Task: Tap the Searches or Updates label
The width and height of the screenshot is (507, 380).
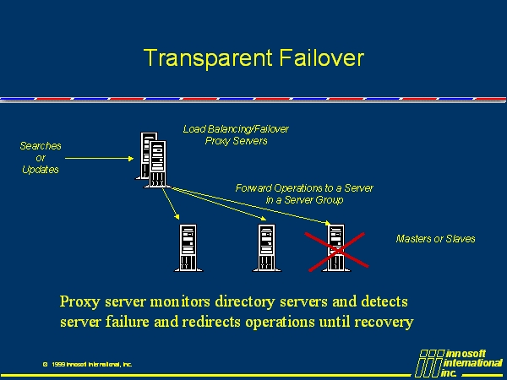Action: pos(41,158)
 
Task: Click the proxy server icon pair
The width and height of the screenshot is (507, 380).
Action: pos(152,160)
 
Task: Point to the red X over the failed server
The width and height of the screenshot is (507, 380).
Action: pos(336,248)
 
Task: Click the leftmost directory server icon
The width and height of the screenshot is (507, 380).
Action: pos(188,247)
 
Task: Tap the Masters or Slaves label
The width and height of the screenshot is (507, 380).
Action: pos(435,239)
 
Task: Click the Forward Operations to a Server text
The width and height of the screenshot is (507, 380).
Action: pos(304,187)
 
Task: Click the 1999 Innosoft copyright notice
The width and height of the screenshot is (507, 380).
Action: pos(87,364)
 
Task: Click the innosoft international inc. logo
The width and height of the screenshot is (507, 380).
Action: pos(461,362)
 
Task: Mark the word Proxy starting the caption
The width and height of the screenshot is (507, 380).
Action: pos(80,301)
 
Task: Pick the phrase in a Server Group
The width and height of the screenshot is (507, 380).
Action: pos(304,200)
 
